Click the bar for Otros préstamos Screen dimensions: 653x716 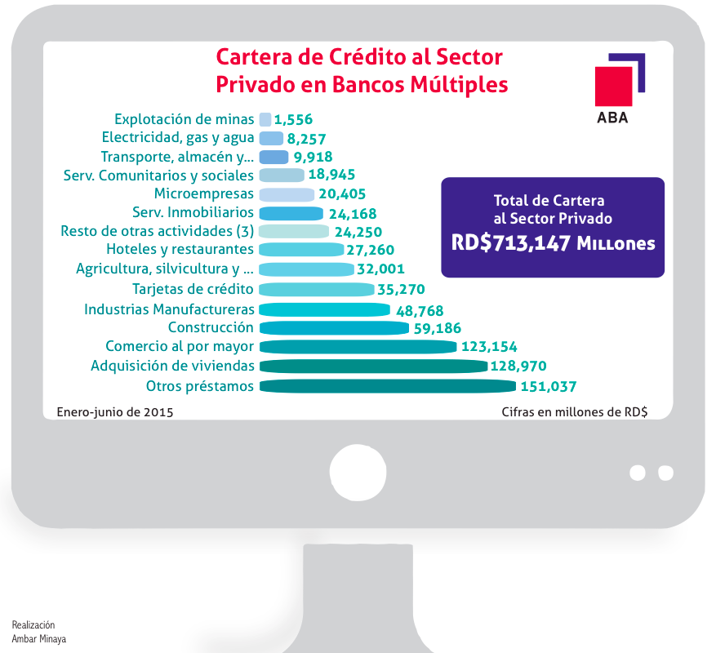tap(388, 386)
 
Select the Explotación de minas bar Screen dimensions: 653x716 tap(265, 119)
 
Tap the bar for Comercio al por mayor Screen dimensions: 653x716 tap(358, 347)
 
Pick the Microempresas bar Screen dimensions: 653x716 tap(287, 194)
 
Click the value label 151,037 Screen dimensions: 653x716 tap(549, 387)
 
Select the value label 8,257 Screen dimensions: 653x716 tap(308, 139)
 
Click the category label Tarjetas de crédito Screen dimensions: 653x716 tap(193, 289)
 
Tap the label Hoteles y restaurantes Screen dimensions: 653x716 tap(180, 249)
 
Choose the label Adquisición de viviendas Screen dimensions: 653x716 tap(172, 366)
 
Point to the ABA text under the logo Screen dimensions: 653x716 tap(613, 118)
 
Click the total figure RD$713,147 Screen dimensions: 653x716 tap(510, 242)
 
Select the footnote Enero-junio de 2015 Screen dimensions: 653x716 tap(115, 412)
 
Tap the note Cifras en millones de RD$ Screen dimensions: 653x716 tap(575, 412)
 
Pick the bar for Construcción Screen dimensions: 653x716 tap(334, 328)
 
